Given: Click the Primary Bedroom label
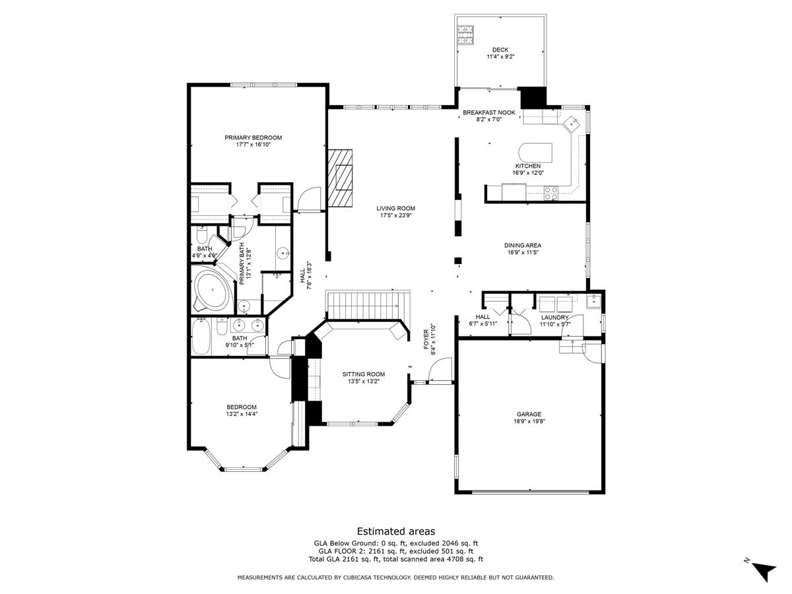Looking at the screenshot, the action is coord(253,137).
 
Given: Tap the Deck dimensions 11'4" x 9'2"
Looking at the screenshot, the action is coord(500,57).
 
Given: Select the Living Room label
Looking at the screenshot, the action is coord(395,208).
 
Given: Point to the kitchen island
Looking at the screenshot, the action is coord(535,153).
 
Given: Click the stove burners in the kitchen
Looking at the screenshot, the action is coord(551,193).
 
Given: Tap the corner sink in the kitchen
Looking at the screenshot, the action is coord(572,123).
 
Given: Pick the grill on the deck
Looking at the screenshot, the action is coord(465,34).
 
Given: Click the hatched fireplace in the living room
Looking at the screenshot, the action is coord(340,178).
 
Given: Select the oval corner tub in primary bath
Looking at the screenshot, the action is coord(212,290).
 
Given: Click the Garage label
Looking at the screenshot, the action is coord(529,414).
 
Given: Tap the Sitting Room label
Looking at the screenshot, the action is coord(364,374).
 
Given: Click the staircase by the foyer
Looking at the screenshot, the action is coord(368,306).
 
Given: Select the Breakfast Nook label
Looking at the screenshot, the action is coord(489,112).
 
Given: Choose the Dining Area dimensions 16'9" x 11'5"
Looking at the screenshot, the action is coord(523,253).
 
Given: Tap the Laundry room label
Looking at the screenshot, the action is coord(554,317).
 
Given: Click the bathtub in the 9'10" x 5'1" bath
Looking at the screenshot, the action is coord(201,337).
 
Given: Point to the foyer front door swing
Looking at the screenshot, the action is coord(440,369).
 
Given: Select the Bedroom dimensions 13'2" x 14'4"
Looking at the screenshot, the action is coord(242,414).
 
